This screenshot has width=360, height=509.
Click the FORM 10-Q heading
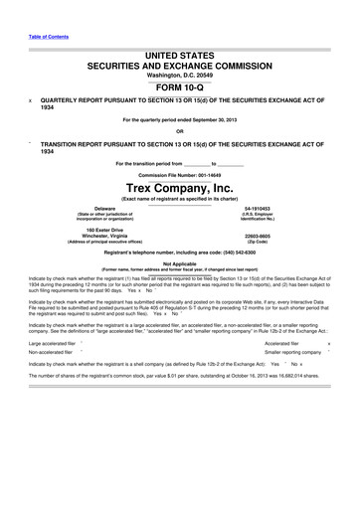coord(179,83)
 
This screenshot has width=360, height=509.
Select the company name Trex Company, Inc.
coord(179,186)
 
